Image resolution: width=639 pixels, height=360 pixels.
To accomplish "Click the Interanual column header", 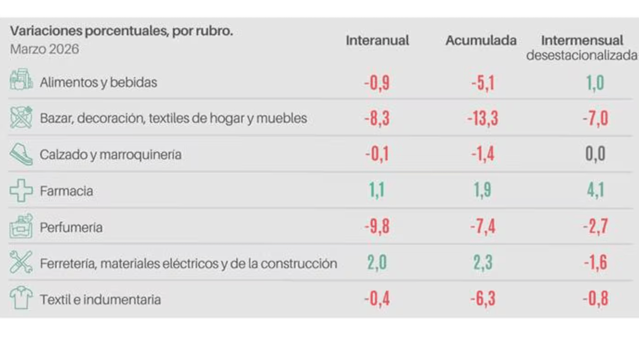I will coord(377,40).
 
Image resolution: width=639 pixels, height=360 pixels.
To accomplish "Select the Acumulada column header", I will coord(481,40).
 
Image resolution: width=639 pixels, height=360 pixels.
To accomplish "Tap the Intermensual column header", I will coord(582,40).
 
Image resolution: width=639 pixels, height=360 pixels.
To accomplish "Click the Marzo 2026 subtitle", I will coord(44,49).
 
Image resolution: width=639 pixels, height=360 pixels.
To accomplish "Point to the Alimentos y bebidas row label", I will coord(98,82).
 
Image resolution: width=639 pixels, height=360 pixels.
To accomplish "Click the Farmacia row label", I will coord(66,191).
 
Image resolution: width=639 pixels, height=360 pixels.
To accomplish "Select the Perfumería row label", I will coord(71,227).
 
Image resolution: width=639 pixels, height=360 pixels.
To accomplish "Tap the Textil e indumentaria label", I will coord(100,300).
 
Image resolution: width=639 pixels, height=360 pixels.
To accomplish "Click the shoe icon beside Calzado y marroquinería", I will coord(21,155).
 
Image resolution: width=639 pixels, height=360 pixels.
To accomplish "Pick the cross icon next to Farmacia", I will coord(21,191).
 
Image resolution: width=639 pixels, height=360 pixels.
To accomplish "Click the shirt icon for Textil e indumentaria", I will coord(21,298).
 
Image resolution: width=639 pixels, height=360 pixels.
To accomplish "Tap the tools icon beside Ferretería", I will coord(21,263).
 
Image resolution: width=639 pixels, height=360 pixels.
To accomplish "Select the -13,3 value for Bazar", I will coord(482,119).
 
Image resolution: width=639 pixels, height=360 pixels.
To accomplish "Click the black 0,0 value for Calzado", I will coord(595,155).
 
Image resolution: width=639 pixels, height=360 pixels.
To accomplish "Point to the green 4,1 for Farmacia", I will coord(595,190).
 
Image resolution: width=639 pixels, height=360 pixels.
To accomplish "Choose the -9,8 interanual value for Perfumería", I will coord(377,226).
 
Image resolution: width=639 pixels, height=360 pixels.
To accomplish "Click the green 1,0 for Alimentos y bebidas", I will coord(595,83).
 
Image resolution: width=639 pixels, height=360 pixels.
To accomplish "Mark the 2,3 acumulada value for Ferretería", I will coord(483,263).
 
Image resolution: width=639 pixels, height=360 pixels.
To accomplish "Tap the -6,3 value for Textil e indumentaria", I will coord(482,299).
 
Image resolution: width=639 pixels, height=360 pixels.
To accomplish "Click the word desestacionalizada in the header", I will coord(582,55).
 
